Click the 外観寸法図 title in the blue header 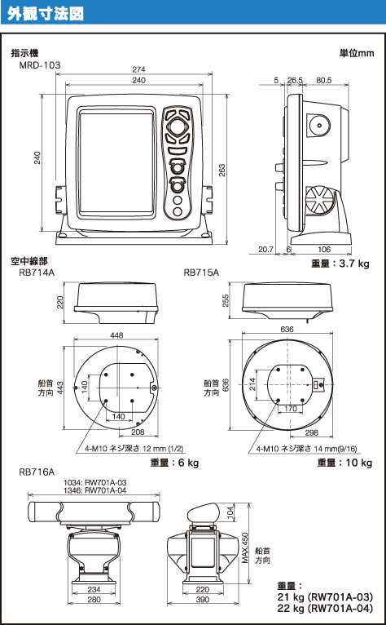pos(45,13)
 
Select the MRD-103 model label pos(40,64)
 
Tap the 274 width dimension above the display pos(138,69)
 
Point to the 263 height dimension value pos(222,171)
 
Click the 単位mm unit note pos(357,53)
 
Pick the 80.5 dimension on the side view pos(323,80)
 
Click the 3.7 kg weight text pos(353,263)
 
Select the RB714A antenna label pos(37,273)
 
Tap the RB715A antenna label pos(201,273)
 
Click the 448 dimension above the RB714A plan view pos(116,335)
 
